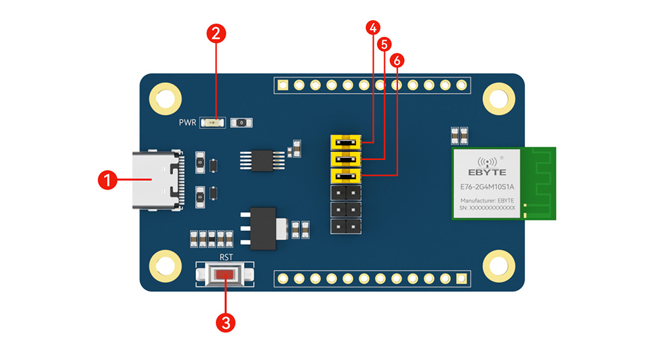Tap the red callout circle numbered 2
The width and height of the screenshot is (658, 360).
(216, 34)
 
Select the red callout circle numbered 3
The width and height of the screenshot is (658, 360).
(226, 322)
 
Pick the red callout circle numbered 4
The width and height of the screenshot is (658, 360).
(372, 28)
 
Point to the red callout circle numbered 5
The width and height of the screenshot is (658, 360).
(384, 44)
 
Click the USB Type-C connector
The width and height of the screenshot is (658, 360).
(157, 181)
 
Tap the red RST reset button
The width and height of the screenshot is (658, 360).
(225, 274)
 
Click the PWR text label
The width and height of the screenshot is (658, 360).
(188, 122)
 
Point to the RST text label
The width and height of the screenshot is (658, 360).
(225, 258)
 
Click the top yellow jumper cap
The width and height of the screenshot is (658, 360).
(345, 142)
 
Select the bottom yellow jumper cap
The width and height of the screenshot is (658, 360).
(345, 176)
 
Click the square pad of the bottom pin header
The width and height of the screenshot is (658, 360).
(461, 279)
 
